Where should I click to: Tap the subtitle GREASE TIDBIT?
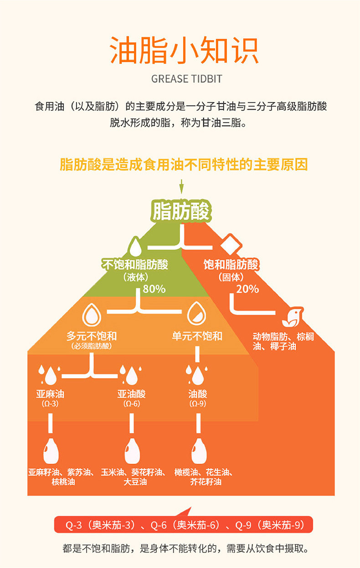[x=186, y=79]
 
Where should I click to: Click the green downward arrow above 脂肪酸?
[x=181, y=187]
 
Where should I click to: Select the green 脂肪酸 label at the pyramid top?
[x=181, y=211]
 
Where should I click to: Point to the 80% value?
[x=154, y=289]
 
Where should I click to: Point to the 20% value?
[x=247, y=289]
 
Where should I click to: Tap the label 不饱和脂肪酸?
[x=135, y=265]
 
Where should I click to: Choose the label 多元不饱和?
[x=92, y=336]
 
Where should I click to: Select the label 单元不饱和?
[x=197, y=336]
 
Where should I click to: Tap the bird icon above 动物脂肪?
[x=293, y=317]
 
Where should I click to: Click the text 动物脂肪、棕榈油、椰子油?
[x=283, y=342]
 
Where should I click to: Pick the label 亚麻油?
[x=50, y=394]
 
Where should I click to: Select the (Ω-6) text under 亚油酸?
[x=131, y=404]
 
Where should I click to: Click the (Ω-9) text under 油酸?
[x=198, y=404]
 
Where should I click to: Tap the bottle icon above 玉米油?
[x=132, y=450]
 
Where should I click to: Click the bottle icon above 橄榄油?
[x=198, y=450]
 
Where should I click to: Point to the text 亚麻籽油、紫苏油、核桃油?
[x=63, y=476]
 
